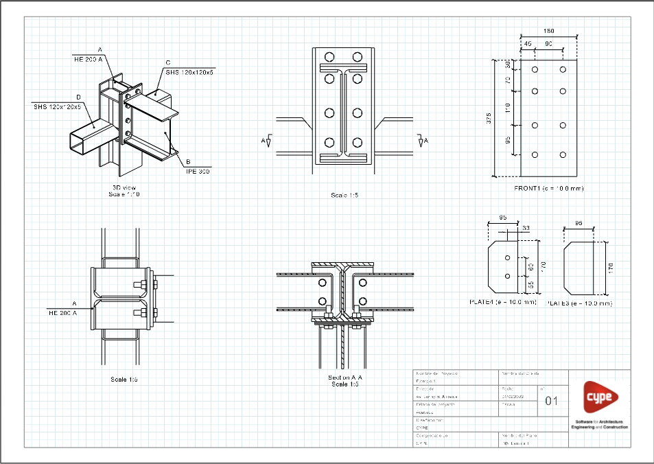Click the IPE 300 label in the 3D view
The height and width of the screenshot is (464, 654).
point(198,172)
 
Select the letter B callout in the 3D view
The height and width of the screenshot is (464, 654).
point(187,163)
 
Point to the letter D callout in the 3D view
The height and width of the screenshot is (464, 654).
point(78,97)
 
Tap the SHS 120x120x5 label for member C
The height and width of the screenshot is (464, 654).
point(189,71)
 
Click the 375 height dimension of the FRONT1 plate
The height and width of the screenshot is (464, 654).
point(489,118)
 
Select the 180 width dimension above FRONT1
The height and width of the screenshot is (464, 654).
point(548,31)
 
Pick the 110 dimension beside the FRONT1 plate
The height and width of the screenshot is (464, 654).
point(508,108)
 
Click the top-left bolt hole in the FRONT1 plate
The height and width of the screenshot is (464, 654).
point(535,69)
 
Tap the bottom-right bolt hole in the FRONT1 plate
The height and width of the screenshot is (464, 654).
point(563,154)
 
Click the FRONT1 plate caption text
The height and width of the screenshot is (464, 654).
point(548,187)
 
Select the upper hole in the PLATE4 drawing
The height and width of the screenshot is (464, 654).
point(507,257)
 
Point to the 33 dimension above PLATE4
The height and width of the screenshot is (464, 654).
point(526,227)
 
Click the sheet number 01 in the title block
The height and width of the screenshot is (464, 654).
point(552,401)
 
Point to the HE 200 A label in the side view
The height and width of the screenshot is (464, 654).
point(62,312)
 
